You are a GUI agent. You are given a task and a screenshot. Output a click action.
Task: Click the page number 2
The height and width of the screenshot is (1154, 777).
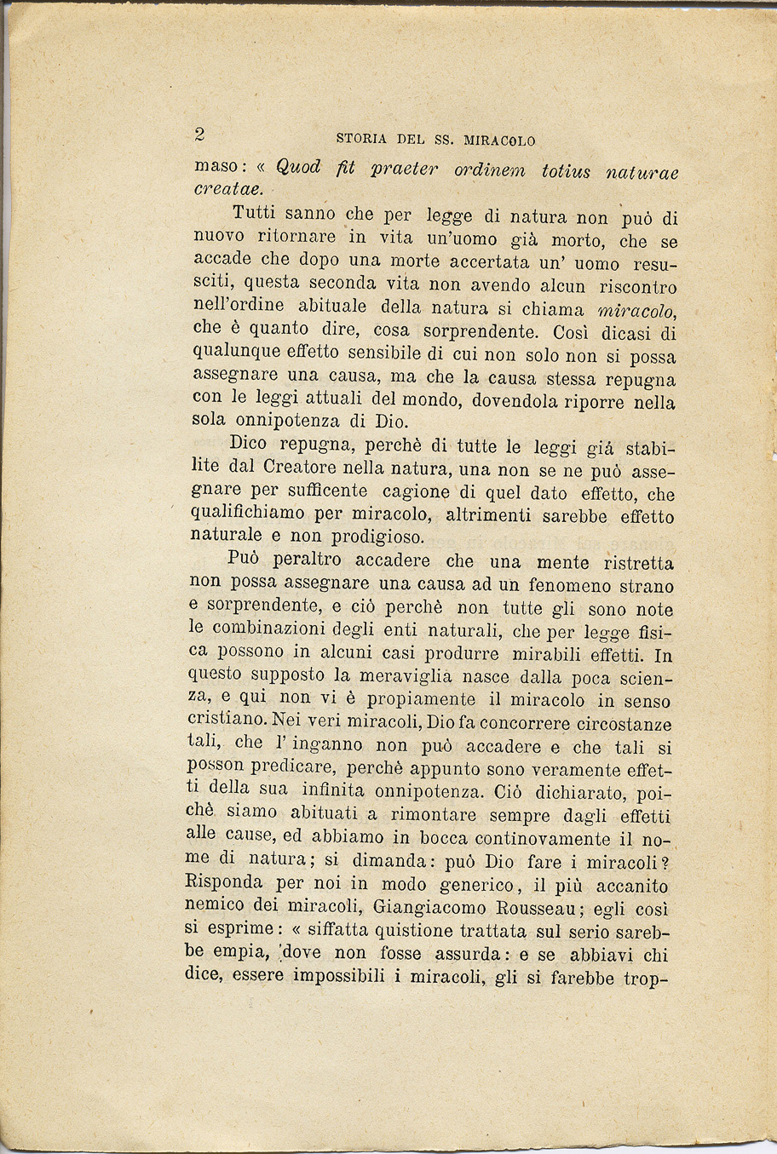click(200, 134)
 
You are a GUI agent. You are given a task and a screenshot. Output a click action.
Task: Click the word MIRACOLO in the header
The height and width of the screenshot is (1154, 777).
click(499, 140)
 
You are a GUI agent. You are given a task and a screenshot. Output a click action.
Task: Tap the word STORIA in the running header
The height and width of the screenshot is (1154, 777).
click(362, 139)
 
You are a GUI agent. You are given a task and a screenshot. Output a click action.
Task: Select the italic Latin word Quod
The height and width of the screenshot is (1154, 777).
click(298, 167)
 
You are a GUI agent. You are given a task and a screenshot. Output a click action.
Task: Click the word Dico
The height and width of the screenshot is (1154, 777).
click(248, 443)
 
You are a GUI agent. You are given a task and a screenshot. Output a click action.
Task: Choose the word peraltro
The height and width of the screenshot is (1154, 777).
click(308, 562)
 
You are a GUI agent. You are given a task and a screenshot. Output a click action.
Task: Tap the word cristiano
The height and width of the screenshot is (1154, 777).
click(224, 721)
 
